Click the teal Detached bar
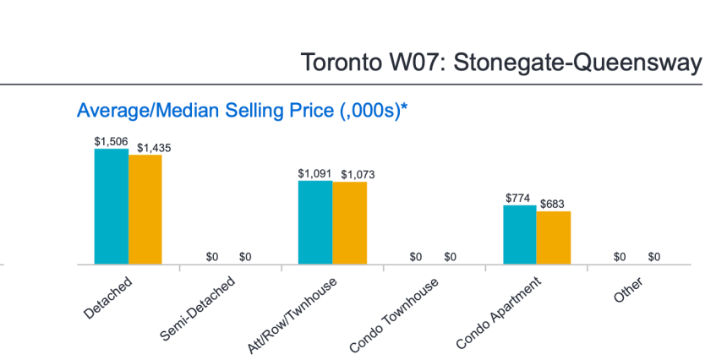point(112,206)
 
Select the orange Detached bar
point(145,210)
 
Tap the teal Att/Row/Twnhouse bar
point(315,222)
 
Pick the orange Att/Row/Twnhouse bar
point(349,223)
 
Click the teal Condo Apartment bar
point(520,234)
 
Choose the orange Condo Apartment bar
point(554,237)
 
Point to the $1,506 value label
point(111,142)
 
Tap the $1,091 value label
point(314,173)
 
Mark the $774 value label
point(517,198)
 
